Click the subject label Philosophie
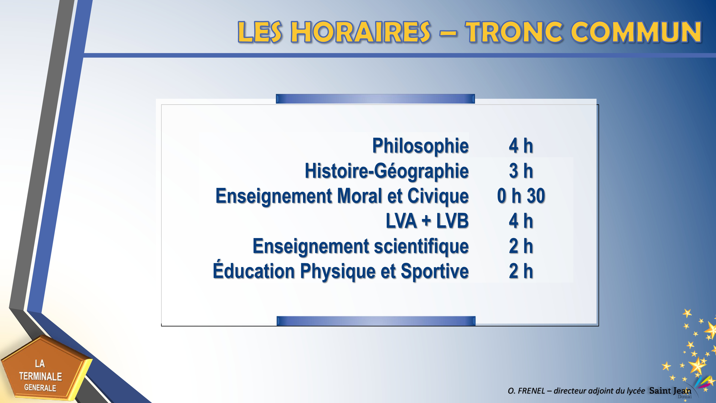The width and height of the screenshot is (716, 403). pos(420,146)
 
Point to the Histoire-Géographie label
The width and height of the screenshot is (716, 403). pos(387,171)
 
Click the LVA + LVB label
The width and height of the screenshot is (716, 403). pos(427,221)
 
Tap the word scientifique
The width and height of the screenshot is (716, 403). pos(421,246)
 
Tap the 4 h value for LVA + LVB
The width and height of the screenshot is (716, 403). pos(521,221)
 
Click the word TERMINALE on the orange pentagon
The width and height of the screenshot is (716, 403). pos(41,376)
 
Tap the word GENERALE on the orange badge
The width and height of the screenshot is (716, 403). pos(40,388)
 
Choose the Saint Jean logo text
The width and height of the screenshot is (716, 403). pos(670,391)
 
